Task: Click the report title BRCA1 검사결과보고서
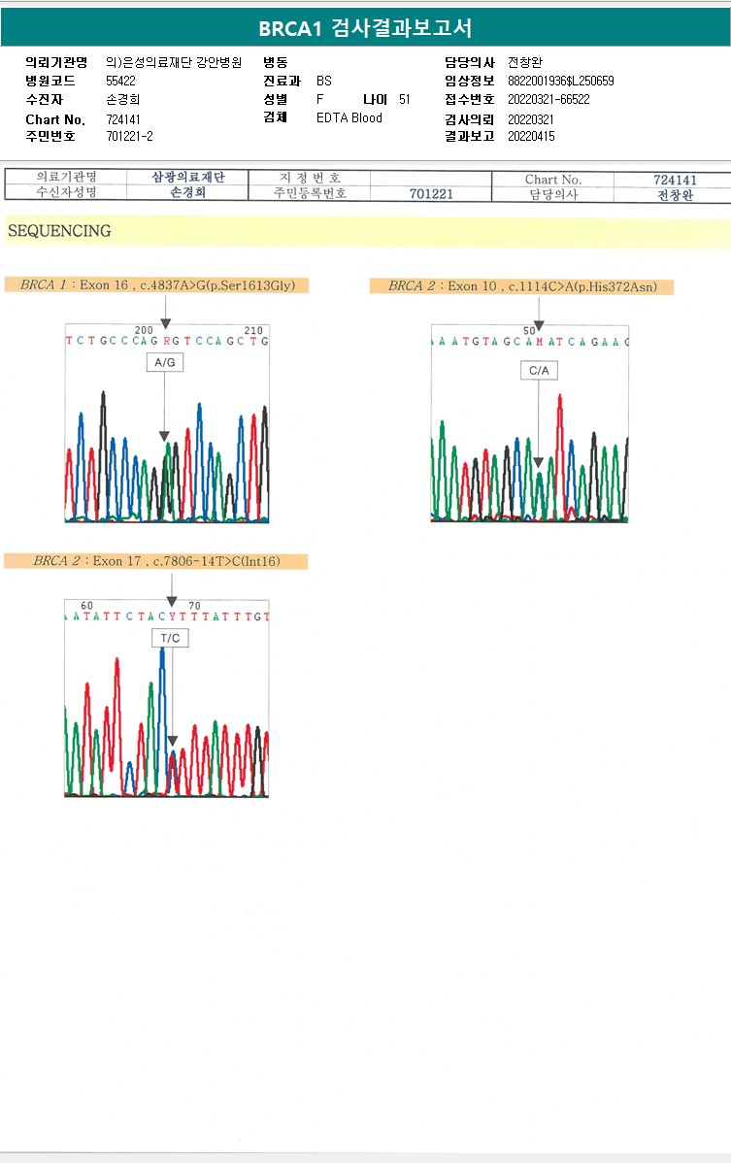pyautogui.click(x=365, y=28)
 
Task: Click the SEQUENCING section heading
pyautogui.click(x=59, y=231)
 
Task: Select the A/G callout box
pyautogui.click(x=164, y=362)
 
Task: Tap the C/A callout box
pyautogui.click(x=539, y=371)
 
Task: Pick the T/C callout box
pyautogui.click(x=170, y=638)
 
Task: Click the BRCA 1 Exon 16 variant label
pyautogui.click(x=157, y=285)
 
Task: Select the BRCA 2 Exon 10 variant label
pyautogui.click(x=521, y=286)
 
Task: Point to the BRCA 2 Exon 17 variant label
pyautogui.click(x=156, y=561)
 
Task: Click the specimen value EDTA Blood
pyautogui.click(x=349, y=118)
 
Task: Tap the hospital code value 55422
pyautogui.click(x=121, y=82)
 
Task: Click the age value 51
pyautogui.click(x=405, y=100)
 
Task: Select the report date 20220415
pyautogui.click(x=531, y=137)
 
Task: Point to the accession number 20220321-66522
pyautogui.click(x=548, y=100)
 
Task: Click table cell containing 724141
pyautogui.click(x=675, y=180)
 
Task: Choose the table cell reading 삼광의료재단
pyautogui.click(x=188, y=178)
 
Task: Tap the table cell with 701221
pyautogui.click(x=431, y=194)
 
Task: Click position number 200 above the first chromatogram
pyautogui.click(x=145, y=331)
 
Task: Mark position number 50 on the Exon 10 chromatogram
pyautogui.click(x=529, y=331)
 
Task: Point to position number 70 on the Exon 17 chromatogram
pyautogui.click(x=194, y=606)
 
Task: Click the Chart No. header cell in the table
pyautogui.click(x=552, y=180)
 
